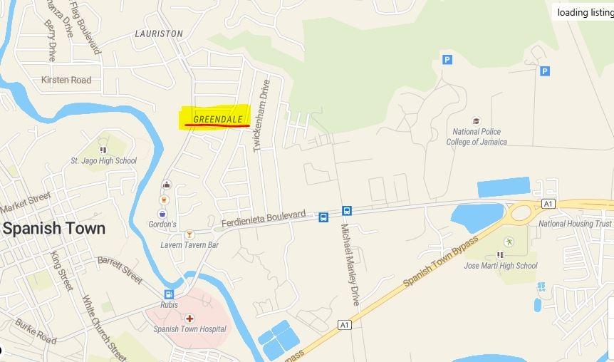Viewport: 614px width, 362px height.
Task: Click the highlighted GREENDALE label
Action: click(218, 119)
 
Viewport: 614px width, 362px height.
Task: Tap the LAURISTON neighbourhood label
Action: click(159, 33)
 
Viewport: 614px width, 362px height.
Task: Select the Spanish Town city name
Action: click(54, 229)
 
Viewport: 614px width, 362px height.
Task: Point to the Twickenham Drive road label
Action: click(262, 114)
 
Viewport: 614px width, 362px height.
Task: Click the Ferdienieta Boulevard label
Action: click(264, 218)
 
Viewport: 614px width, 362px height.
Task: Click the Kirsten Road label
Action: click(66, 80)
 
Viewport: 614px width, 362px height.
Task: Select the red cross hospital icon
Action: click(189, 318)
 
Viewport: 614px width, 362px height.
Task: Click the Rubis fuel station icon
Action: click(169, 294)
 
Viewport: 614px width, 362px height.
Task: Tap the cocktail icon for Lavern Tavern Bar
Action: click(189, 234)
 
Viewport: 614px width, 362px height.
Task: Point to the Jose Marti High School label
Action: click(501, 266)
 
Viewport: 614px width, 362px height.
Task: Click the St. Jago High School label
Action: click(103, 161)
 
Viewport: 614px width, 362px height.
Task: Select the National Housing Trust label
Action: click(575, 224)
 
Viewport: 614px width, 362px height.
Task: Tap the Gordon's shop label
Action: click(162, 224)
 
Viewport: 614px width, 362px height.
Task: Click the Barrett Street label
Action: click(120, 269)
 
